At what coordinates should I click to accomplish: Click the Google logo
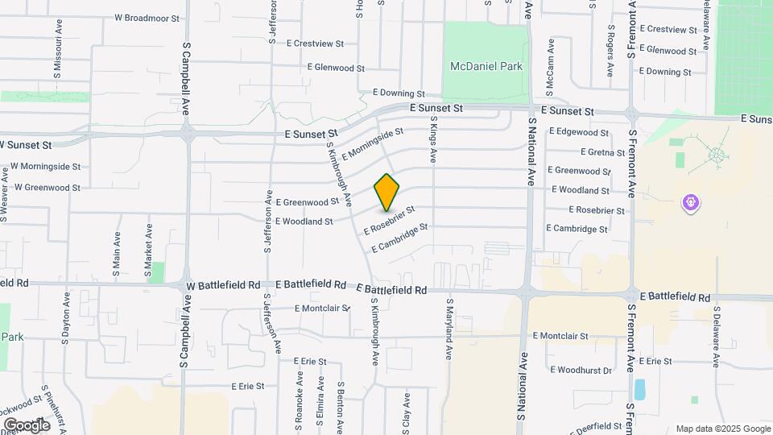tap(27, 425)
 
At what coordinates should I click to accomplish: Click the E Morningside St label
tap(372, 143)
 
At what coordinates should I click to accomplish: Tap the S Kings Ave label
tap(432, 140)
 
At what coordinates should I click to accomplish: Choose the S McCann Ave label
tap(550, 62)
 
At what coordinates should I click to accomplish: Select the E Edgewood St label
tap(579, 131)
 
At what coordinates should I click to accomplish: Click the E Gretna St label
tap(602, 151)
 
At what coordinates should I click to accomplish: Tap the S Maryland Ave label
tap(449, 329)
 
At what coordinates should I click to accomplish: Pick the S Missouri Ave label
tap(58, 55)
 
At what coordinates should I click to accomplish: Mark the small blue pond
tap(640, 390)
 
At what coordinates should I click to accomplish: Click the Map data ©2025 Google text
tap(721, 429)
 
